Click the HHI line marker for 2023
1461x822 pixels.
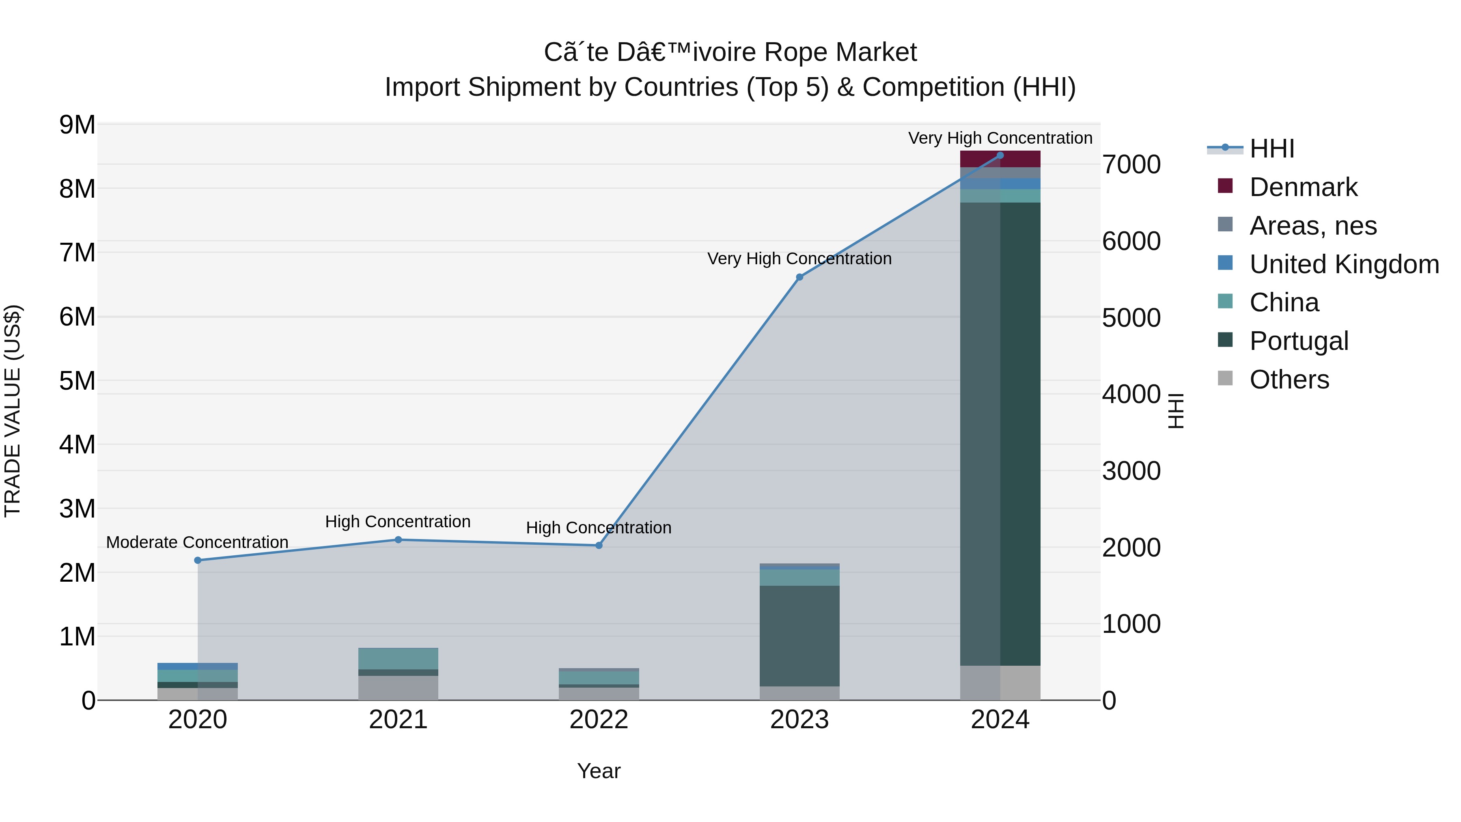click(799, 277)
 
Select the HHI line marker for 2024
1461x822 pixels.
click(1000, 155)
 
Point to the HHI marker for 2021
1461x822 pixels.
click(398, 540)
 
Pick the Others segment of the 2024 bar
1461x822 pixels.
click(1000, 683)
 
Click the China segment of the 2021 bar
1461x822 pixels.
click(398, 659)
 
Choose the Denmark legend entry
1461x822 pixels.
click(1303, 187)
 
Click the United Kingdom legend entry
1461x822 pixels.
click(1344, 264)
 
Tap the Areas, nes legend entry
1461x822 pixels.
click(1312, 226)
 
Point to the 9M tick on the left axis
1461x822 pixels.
click(77, 125)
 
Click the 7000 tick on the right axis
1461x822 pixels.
click(1131, 165)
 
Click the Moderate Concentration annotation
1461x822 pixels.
click(197, 542)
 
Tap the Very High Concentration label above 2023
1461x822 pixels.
click(799, 259)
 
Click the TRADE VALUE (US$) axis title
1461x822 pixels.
click(13, 411)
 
